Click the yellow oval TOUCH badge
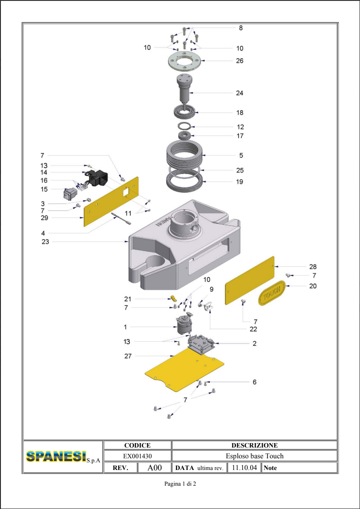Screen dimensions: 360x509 tap(272, 293)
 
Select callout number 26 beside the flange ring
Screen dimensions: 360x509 tap(239, 61)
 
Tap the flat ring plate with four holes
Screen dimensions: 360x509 tap(184, 61)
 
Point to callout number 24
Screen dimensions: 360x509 tap(239, 93)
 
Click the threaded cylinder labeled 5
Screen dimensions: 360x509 tap(184, 155)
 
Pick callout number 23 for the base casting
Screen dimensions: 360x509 tap(45, 242)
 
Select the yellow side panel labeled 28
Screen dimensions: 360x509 tap(250, 280)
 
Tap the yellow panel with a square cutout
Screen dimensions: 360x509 tap(111, 202)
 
